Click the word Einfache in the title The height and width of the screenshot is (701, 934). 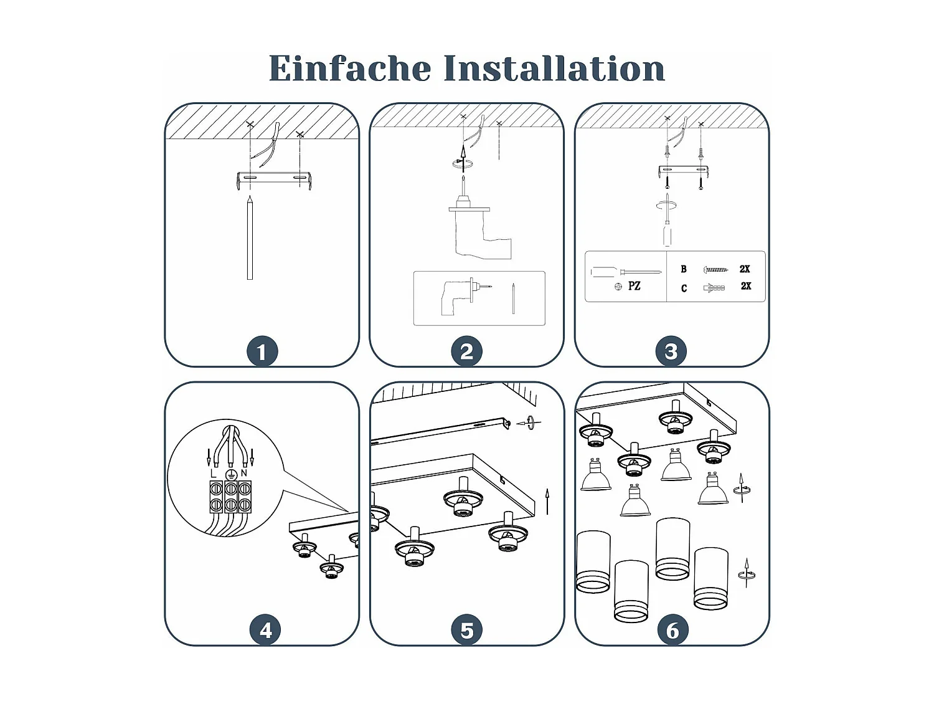[x=349, y=69]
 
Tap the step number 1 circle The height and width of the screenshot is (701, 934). [x=262, y=351]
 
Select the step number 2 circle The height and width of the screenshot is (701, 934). [x=466, y=351]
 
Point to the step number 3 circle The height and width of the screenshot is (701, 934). [x=671, y=351]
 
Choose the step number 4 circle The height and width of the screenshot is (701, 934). [x=265, y=630]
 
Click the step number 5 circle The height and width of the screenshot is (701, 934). [x=467, y=630]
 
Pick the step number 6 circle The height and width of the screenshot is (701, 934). [x=672, y=630]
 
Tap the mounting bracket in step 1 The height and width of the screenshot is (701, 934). [x=274, y=178]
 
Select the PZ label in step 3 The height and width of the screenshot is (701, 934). [x=634, y=286]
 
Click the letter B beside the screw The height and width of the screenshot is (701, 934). [x=684, y=269]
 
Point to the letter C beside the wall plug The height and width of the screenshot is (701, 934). [x=684, y=288]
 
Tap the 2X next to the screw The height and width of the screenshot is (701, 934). [x=745, y=269]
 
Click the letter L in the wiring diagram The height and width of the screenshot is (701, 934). [x=214, y=474]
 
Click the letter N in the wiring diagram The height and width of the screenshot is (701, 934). [x=244, y=473]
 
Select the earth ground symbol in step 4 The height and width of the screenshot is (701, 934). [x=230, y=474]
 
